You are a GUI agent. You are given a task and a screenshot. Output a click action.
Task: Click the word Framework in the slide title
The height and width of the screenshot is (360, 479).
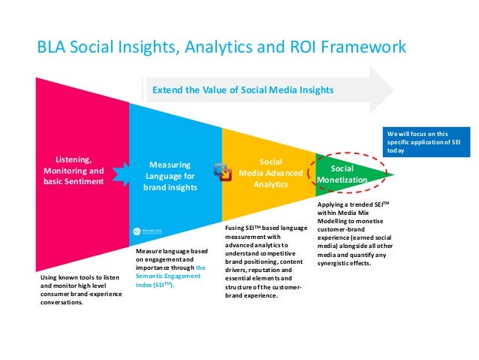(x=363, y=47)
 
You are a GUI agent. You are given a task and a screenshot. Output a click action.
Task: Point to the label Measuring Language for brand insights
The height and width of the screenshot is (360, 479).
(x=170, y=175)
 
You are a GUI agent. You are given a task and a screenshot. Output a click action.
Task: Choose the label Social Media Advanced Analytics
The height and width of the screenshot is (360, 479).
(x=270, y=173)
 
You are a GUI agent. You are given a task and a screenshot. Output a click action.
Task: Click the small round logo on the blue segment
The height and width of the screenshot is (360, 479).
(x=137, y=232)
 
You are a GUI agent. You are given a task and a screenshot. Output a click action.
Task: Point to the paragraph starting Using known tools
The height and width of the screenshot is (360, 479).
(x=79, y=292)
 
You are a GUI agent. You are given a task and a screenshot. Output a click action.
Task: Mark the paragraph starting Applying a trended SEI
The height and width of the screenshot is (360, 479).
(x=357, y=234)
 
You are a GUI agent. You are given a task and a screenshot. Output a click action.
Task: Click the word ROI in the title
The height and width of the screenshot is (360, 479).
(x=298, y=47)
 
